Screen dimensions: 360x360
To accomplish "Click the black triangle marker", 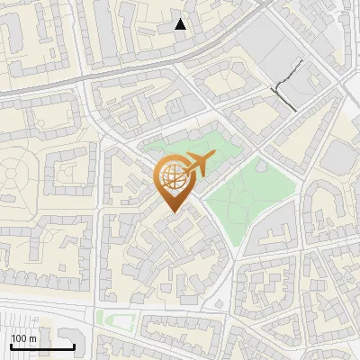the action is click(181, 24).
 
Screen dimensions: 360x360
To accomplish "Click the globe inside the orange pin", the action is click(171, 178).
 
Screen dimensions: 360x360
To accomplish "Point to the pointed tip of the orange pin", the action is click(172, 211).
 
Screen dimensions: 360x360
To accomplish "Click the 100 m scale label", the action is click(23, 338).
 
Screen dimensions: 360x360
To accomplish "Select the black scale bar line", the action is click(42, 346).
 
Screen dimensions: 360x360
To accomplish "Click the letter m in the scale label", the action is click(32, 338).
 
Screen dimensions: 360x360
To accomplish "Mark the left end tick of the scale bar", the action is click(11, 345).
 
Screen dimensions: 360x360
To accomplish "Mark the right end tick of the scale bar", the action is click(74, 345).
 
